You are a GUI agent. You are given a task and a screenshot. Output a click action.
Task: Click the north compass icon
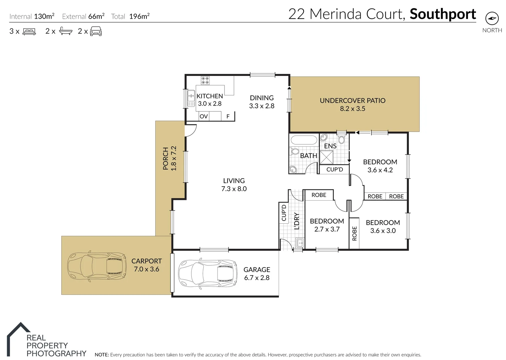pos(492,18)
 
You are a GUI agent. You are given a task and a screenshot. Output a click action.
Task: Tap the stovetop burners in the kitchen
pos(205,80)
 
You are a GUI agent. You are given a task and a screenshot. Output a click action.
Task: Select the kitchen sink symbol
pos(191,98)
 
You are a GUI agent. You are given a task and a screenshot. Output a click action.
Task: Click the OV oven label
pos(203,116)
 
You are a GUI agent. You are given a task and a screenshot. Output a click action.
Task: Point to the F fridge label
pos(228,116)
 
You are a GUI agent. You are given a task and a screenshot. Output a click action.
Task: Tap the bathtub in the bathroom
pos(304,140)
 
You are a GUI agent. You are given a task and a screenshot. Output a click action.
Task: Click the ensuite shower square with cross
pos(326,158)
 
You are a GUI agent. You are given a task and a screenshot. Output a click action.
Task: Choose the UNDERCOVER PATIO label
pos(353,101)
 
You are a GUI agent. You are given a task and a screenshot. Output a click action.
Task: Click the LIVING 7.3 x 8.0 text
pos(234,185)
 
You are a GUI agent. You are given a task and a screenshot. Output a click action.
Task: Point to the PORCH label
pos(166,159)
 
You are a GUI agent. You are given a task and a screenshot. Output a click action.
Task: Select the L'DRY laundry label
pos(297,221)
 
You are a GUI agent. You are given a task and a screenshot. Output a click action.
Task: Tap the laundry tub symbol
pos(300,243)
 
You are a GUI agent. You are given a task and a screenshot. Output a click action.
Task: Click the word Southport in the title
pos(443,14)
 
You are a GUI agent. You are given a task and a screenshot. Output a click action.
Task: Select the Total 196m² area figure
pos(139,16)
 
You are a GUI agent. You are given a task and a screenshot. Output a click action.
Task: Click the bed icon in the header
pos(29,32)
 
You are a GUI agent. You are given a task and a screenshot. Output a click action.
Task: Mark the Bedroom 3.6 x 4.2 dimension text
pos(380,170)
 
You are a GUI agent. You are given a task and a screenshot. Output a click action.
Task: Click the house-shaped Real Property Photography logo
pos(18,339)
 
